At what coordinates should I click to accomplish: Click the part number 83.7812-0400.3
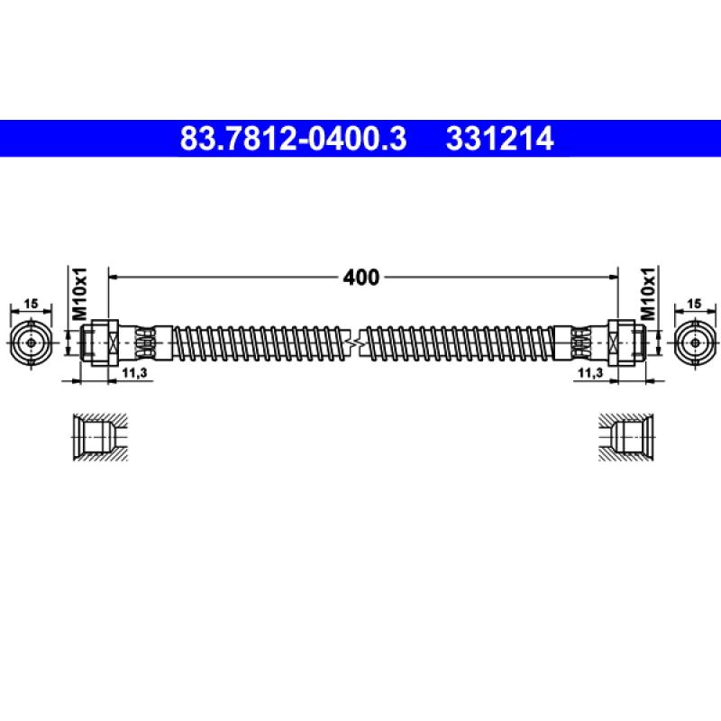pyautogui.click(x=294, y=139)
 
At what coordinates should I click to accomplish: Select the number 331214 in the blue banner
pyautogui.click(x=500, y=139)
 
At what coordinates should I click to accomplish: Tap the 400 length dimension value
pyautogui.click(x=361, y=278)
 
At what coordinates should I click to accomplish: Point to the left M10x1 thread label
pyautogui.click(x=79, y=294)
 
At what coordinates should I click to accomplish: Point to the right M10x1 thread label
pyautogui.click(x=647, y=294)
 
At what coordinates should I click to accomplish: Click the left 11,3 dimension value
pyautogui.click(x=134, y=372)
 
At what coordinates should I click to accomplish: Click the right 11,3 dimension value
pyautogui.click(x=590, y=372)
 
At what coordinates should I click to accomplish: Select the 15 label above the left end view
pyautogui.click(x=31, y=304)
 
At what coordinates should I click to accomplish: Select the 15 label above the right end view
pyautogui.click(x=694, y=304)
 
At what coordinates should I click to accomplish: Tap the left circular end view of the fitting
pyautogui.click(x=31, y=343)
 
